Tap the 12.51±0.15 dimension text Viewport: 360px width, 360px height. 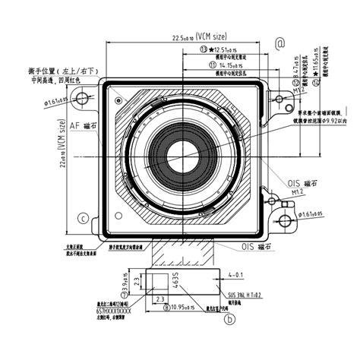click(x=227, y=48)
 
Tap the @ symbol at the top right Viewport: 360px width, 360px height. click(x=279, y=44)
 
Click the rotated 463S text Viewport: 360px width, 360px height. click(x=175, y=278)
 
